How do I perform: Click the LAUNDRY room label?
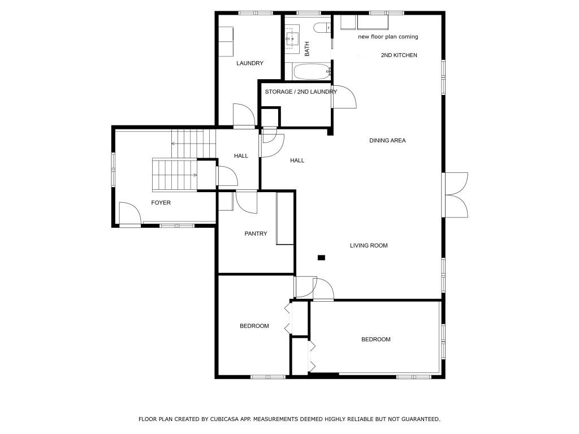[x=249, y=63]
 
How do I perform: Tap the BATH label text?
[x=308, y=50]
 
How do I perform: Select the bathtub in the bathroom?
[x=312, y=72]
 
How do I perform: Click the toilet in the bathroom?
[x=323, y=28]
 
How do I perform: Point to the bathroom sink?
[x=293, y=38]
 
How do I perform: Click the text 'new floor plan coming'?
[x=388, y=37]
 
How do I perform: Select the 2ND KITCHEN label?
[x=399, y=55]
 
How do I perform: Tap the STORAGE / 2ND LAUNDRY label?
[x=301, y=92]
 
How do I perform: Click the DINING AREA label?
[x=387, y=141]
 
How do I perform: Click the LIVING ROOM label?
[x=368, y=246]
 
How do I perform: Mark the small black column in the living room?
[x=321, y=258]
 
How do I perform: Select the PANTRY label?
[x=256, y=234]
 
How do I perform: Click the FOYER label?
[x=161, y=203]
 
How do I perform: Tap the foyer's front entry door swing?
[x=129, y=215]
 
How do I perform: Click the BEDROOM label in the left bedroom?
[x=254, y=326]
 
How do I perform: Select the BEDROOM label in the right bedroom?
[x=375, y=340]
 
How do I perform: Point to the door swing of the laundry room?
[x=243, y=116]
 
